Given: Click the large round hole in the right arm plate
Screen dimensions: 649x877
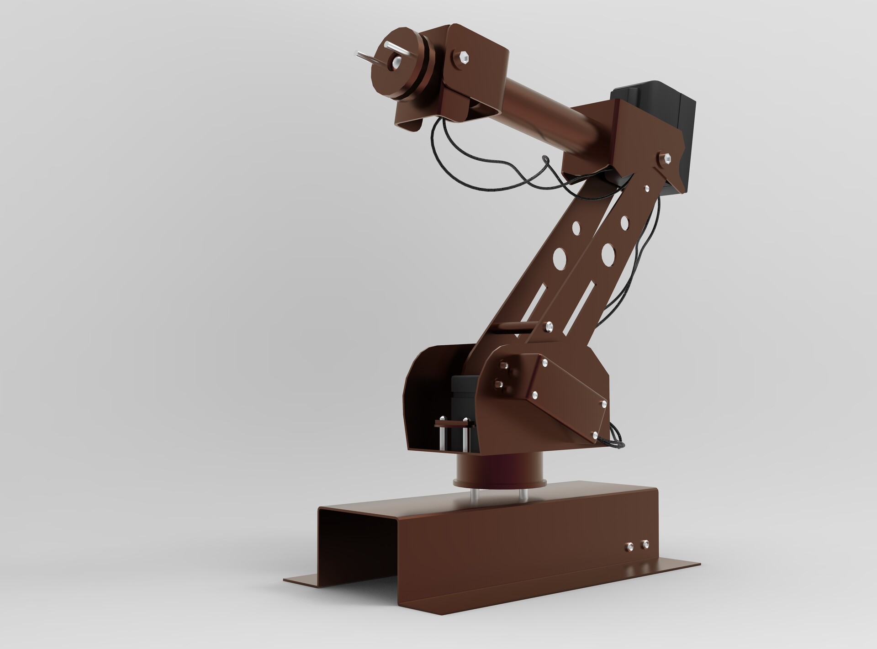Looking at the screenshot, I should point(608,254).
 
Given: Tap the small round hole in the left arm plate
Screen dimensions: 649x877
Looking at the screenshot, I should point(576,227).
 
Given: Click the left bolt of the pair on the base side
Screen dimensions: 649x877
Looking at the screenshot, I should point(629,547).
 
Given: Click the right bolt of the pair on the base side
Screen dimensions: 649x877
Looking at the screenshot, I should point(645,544).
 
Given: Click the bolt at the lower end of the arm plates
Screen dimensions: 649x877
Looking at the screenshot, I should point(549,326).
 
